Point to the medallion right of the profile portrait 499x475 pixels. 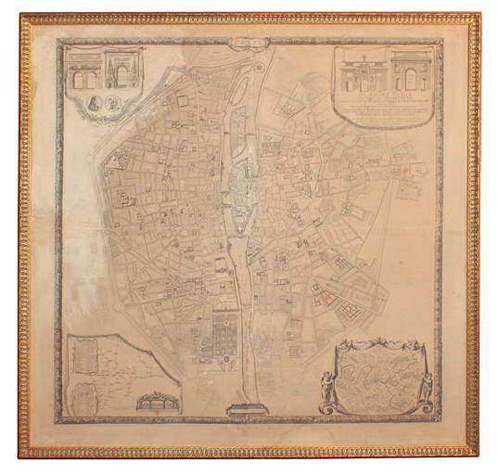tap(112, 104)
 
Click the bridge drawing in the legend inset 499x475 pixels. tap(158, 402)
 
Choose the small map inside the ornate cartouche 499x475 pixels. tap(376, 376)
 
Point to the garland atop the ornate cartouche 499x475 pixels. tap(375, 346)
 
